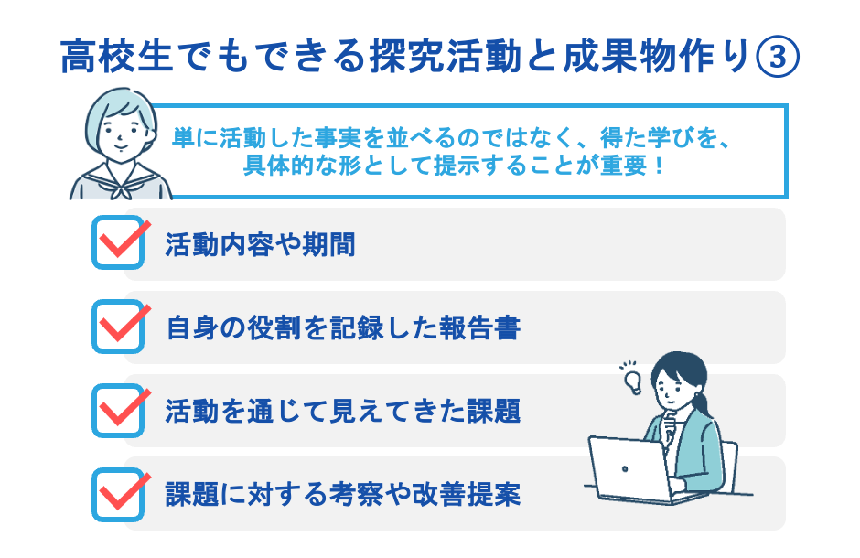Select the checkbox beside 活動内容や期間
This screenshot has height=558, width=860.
pyautogui.click(x=119, y=242)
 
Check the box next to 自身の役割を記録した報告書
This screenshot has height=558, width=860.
pyautogui.click(x=119, y=327)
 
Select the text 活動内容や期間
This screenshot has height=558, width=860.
pyautogui.click(x=261, y=245)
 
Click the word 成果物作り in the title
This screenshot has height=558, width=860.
pyautogui.click(x=673, y=58)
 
